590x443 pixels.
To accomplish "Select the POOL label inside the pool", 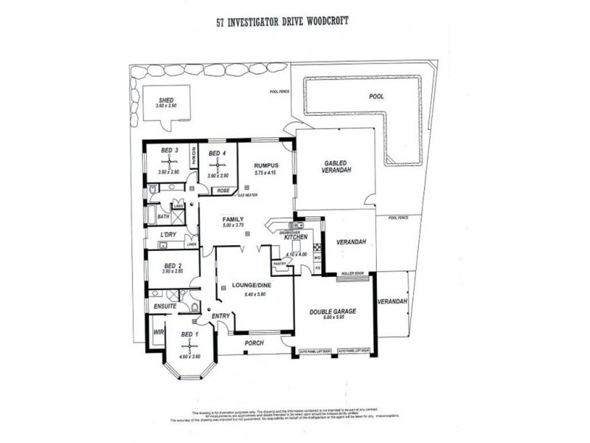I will pyautogui.click(x=375, y=97).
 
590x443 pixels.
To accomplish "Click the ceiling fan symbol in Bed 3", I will pyautogui.click(x=170, y=161).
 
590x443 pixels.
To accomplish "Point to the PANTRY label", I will pyautogui.click(x=280, y=263).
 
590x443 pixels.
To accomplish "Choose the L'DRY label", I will pyautogui.click(x=169, y=235).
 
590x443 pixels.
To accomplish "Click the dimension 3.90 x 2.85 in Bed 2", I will pyautogui.click(x=170, y=272).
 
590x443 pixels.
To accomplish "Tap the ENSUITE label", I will pyautogui.click(x=163, y=304).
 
